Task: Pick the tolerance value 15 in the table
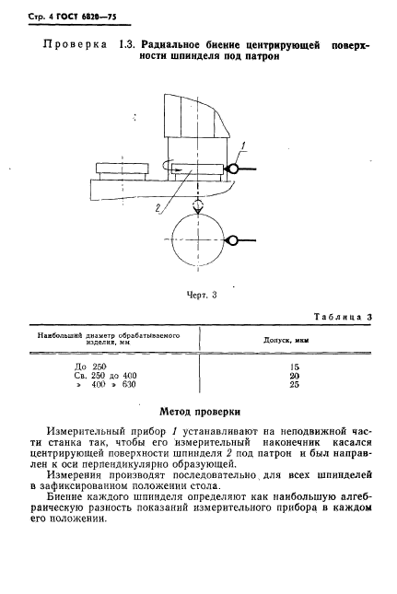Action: [x=294, y=367]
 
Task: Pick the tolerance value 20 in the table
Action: [x=294, y=375]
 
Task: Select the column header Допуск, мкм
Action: [x=294, y=340]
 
